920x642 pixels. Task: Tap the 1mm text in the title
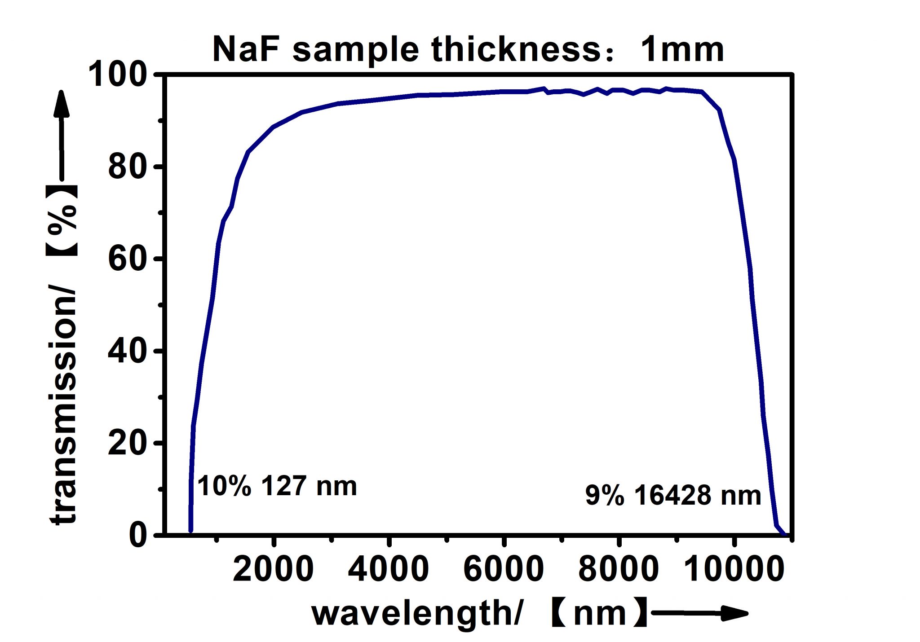(x=682, y=49)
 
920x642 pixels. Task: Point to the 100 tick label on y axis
(x=118, y=75)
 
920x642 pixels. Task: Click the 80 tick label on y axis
(x=128, y=167)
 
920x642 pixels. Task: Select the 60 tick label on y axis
(x=128, y=259)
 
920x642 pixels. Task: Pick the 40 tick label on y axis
(x=128, y=352)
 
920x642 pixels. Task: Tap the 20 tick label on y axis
(x=128, y=444)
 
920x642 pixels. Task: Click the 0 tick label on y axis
(x=138, y=535)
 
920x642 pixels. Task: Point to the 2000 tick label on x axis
(x=273, y=569)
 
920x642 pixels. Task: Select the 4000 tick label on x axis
(x=389, y=569)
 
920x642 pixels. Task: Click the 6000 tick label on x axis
(x=504, y=569)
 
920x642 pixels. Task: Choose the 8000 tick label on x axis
(x=619, y=569)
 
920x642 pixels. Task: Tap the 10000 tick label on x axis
(x=734, y=569)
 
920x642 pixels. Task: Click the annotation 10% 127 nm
(x=277, y=486)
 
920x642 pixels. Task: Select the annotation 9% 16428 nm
(x=673, y=496)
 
